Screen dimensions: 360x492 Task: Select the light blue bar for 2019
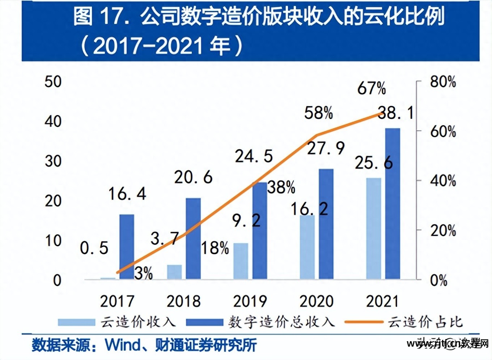click(x=241, y=261)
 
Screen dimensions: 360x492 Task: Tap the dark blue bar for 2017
click(x=127, y=247)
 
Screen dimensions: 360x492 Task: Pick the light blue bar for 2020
click(x=307, y=247)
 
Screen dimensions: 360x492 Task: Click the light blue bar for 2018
click(x=174, y=272)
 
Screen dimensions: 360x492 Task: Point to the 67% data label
click(x=372, y=89)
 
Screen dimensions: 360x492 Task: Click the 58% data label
click(x=318, y=113)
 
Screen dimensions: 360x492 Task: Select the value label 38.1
click(x=395, y=113)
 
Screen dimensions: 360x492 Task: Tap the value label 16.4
click(x=127, y=194)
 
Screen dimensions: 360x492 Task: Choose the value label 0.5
click(x=94, y=248)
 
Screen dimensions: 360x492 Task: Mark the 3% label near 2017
click(x=144, y=273)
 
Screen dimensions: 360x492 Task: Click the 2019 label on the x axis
click(x=250, y=301)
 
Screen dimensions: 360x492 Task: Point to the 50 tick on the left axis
click(x=53, y=82)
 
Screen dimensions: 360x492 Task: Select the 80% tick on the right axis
click(x=443, y=82)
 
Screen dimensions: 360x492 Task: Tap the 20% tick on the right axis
click(x=443, y=231)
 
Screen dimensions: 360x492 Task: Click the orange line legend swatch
click(x=364, y=322)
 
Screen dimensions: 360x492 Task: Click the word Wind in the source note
click(x=123, y=345)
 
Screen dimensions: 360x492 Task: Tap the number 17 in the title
click(x=110, y=17)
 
